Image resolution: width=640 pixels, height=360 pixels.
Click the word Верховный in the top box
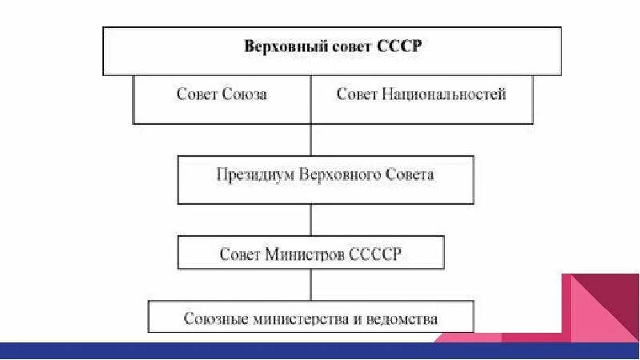point(277,46)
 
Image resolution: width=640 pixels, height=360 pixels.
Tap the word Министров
point(304,254)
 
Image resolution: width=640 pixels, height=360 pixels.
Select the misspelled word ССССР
point(374,254)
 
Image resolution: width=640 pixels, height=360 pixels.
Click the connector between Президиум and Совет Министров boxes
point(310,219)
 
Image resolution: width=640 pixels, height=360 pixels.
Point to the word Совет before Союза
point(197,95)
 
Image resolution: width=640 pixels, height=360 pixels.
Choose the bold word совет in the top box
point(346,46)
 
